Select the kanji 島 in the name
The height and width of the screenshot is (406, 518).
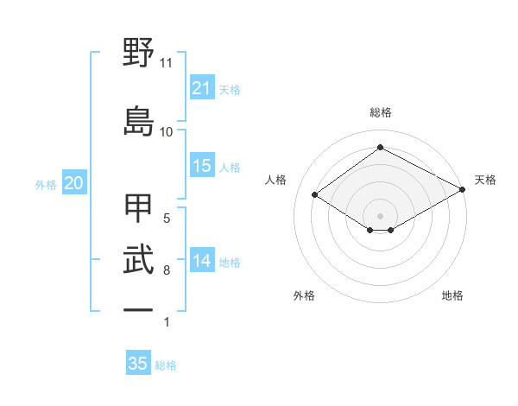[x=138, y=119]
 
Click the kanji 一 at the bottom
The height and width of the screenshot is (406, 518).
[x=138, y=309]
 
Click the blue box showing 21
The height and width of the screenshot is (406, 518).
[x=201, y=88]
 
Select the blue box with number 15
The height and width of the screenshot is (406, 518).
[x=201, y=166]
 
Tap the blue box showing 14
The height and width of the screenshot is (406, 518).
[x=201, y=261]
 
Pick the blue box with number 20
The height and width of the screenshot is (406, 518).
[x=74, y=183]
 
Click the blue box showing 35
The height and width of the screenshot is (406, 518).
[x=138, y=364]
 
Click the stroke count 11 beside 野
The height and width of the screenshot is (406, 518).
[x=166, y=63]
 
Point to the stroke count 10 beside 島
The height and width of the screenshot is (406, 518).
[x=166, y=131]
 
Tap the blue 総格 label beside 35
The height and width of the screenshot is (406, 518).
[x=167, y=365]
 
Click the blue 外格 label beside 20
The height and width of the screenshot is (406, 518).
[x=46, y=184]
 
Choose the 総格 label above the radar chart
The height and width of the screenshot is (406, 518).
[x=380, y=112]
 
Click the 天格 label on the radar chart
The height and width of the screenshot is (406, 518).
[x=485, y=180]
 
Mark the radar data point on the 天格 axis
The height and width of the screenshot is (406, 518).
[x=463, y=190]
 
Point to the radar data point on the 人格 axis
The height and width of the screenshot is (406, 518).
[x=315, y=195]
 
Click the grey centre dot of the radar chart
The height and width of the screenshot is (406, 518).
[x=380, y=215]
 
